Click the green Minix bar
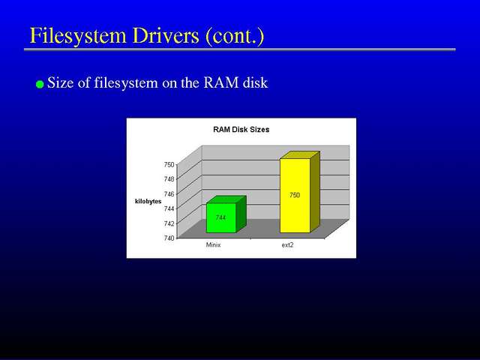click(226, 214)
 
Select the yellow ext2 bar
click(299, 192)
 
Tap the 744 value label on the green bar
click(220, 217)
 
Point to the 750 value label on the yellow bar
click(295, 195)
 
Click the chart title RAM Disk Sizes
click(241, 130)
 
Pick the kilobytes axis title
click(148, 202)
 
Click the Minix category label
click(213, 245)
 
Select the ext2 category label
click(287, 245)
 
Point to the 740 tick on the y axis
click(169, 238)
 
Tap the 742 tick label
click(169, 223)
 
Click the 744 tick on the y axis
click(169, 208)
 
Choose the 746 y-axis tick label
click(169, 193)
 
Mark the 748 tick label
click(169, 179)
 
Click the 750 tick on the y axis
click(169, 165)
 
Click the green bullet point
click(40, 84)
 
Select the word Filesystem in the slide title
click(78, 36)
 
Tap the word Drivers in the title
click(166, 35)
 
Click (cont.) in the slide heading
click(235, 36)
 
